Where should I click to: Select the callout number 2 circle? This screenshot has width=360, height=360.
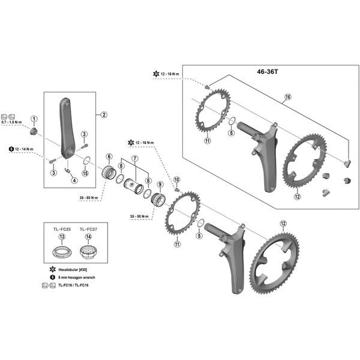click(x=103, y=115)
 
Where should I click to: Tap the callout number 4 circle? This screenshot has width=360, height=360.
click(x=74, y=180)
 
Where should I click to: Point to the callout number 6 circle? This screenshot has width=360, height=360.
click(x=109, y=157)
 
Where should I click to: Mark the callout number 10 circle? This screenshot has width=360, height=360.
click(x=176, y=180)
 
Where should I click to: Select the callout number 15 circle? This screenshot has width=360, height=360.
click(x=85, y=174)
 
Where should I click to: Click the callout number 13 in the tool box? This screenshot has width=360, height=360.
click(x=61, y=237)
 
